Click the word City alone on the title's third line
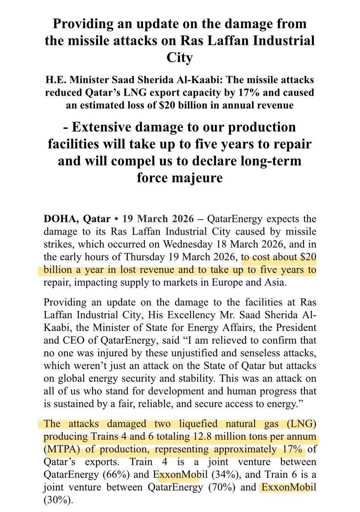point(180,58)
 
